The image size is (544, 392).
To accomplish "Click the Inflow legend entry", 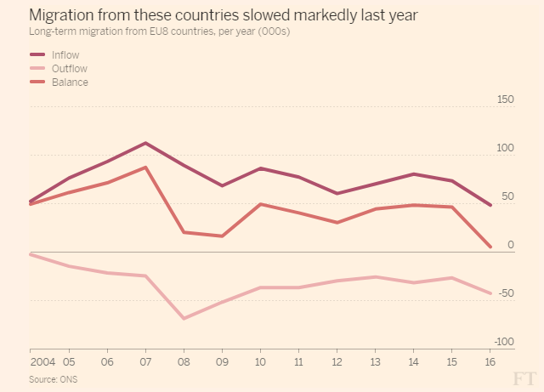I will (65, 55).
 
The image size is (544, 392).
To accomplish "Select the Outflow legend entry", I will (67, 69).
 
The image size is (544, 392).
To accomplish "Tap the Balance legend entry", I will (68, 82).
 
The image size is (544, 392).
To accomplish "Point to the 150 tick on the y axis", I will (504, 100).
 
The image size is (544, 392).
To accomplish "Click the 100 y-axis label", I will (504, 149).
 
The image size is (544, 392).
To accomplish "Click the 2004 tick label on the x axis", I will (42, 361).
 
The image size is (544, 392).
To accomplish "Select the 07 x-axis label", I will (145, 361).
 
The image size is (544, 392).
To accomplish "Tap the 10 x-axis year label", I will (260, 361).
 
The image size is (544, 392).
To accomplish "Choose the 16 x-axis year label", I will (490, 361).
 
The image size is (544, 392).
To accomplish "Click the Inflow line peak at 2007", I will (145, 143).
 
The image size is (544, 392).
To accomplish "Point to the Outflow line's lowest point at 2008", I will (184, 318).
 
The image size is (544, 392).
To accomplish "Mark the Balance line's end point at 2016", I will (490, 247).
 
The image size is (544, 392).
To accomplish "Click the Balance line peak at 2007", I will (145, 168).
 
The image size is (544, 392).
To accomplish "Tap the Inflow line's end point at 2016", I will (490, 205).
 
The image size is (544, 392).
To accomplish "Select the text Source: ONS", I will (53, 378).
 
